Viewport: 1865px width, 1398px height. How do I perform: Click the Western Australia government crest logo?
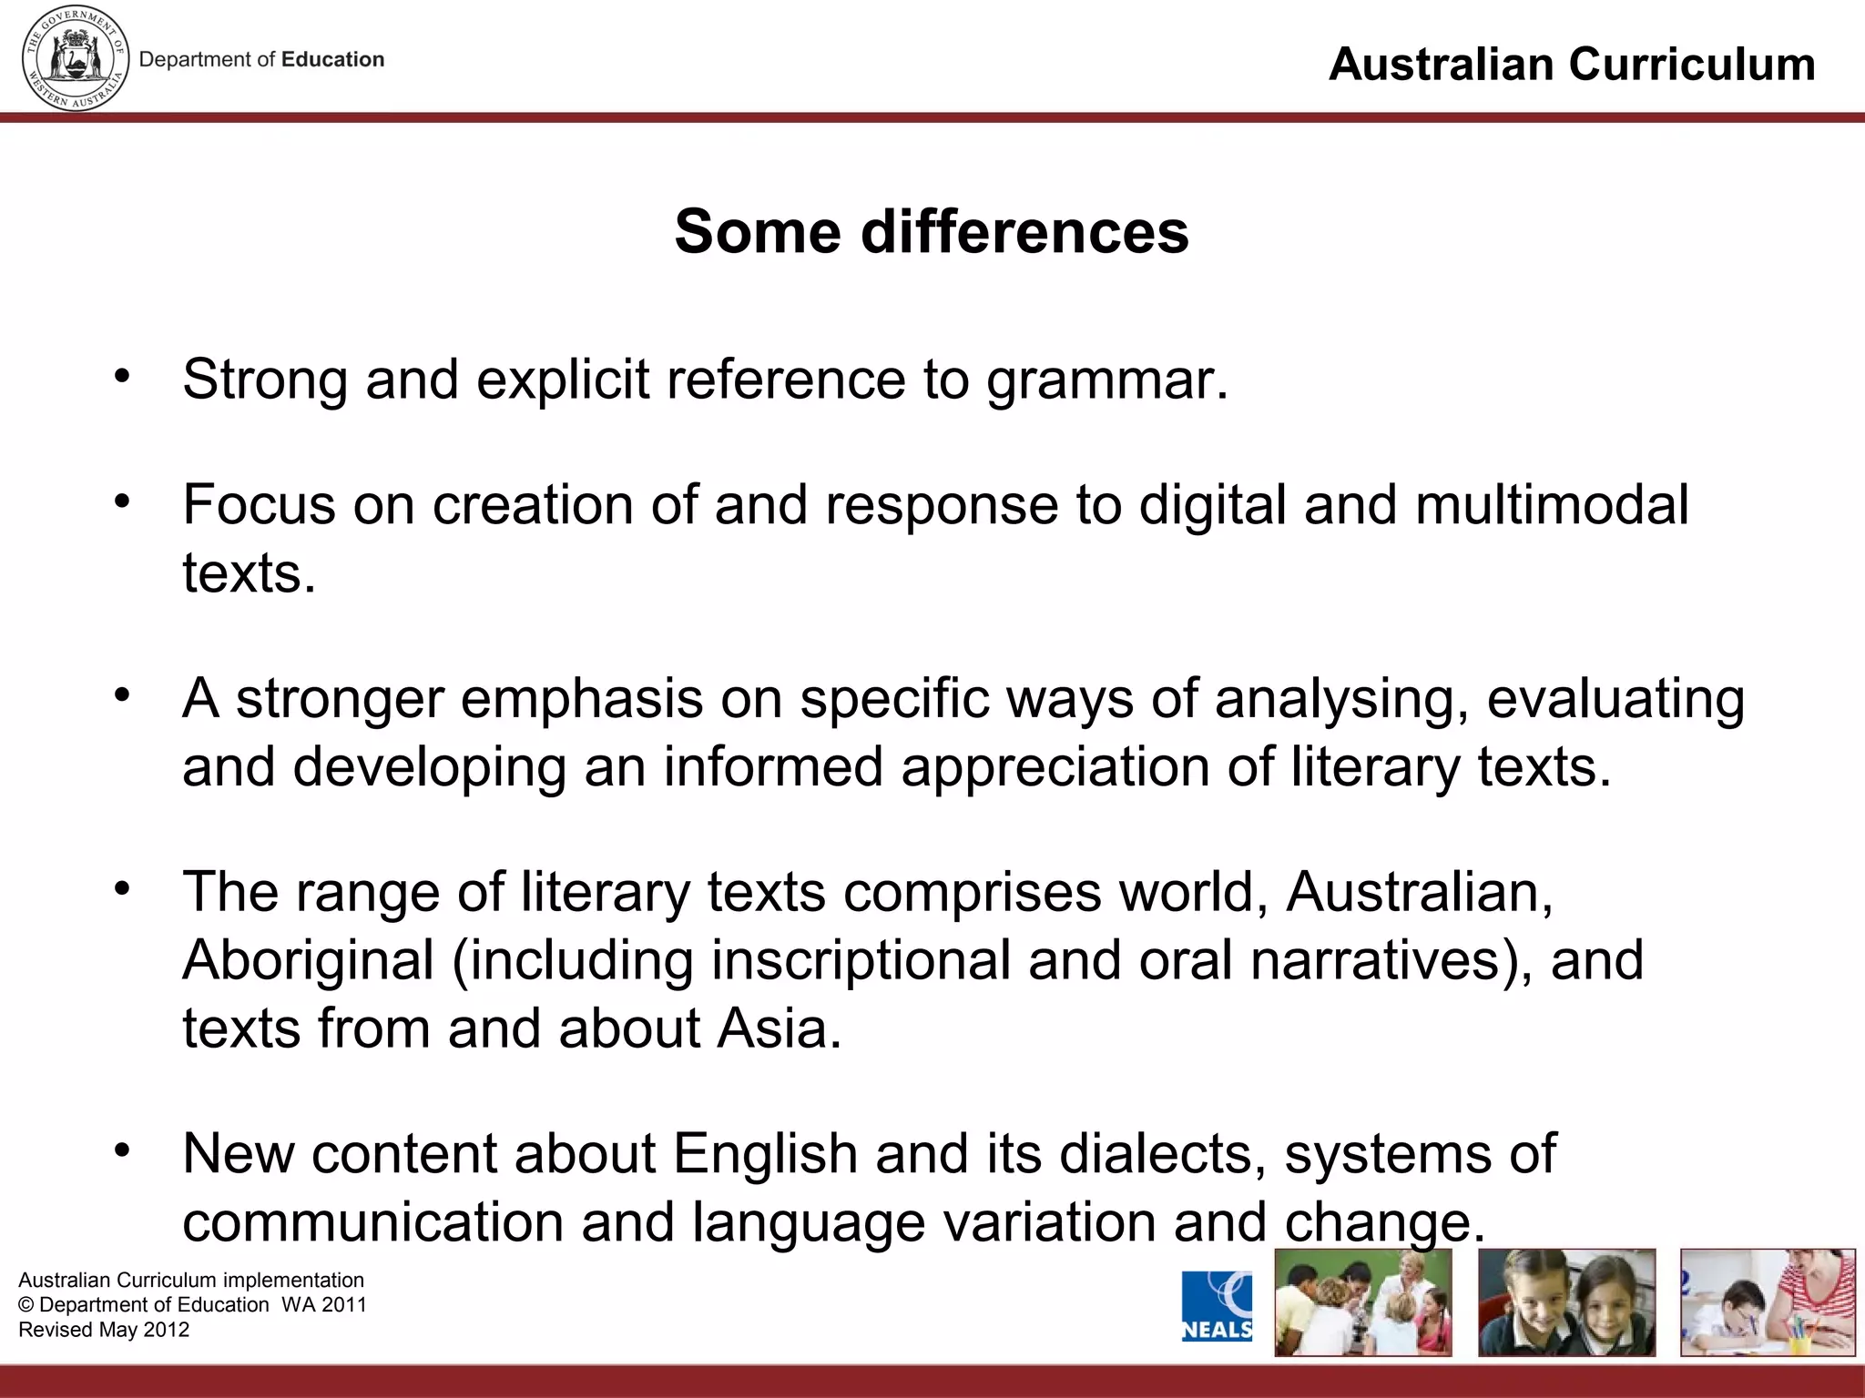(75, 58)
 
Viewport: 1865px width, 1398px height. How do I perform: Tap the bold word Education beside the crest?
(332, 60)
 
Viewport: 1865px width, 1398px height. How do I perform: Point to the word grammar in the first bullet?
(1106, 380)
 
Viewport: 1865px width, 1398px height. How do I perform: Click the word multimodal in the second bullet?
(1551, 505)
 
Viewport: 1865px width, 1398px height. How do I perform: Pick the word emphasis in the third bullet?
(582, 699)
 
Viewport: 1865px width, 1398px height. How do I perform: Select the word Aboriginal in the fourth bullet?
(308, 960)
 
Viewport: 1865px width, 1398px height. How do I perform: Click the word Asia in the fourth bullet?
(779, 1028)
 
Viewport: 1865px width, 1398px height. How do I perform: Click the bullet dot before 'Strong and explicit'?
(122, 375)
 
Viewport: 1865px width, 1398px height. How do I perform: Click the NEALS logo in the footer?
(1217, 1306)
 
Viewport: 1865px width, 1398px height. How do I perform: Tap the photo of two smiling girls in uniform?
(1566, 1302)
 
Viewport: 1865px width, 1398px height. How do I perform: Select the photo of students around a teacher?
(1362, 1302)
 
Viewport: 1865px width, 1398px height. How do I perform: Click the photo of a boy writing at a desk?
(1768, 1302)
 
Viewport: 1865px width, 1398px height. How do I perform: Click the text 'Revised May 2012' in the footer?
(104, 1330)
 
